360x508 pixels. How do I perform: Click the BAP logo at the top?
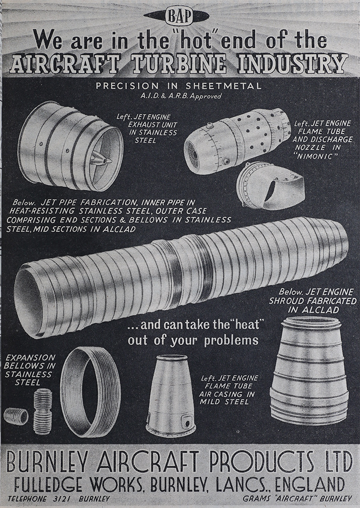pyautogui.click(x=179, y=17)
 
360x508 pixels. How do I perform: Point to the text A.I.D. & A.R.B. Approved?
pyautogui.click(x=181, y=96)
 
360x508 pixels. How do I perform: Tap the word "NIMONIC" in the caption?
pyautogui.click(x=313, y=156)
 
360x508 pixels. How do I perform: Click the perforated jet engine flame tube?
pyautogui.click(x=237, y=141)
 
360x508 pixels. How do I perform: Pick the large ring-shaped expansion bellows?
pyautogui.click(x=90, y=392)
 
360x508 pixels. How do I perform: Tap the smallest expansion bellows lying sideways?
pyautogui.click(x=16, y=416)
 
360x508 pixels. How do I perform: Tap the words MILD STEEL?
pyautogui.click(x=224, y=402)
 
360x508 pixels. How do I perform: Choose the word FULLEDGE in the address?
pyautogui.click(x=48, y=484)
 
